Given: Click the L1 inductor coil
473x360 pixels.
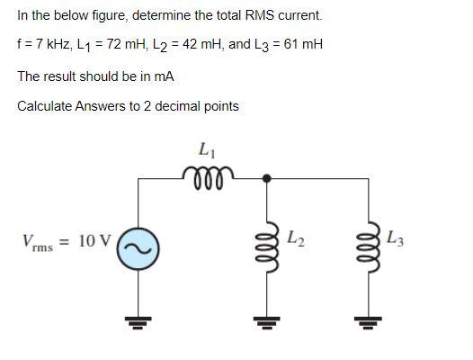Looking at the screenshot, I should point(208,172).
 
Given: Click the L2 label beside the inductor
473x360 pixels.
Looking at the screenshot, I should point(296,239).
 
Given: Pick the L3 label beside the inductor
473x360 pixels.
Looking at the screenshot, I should point(396,239).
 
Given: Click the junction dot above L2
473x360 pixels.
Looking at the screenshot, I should point(266,178).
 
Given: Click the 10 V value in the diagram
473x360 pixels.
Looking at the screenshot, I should point(94,241).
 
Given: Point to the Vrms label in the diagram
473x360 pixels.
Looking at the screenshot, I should point(41,243).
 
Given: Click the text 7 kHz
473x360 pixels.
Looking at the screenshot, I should point(47,44).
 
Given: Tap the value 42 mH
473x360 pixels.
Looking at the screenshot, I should point(193,44).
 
